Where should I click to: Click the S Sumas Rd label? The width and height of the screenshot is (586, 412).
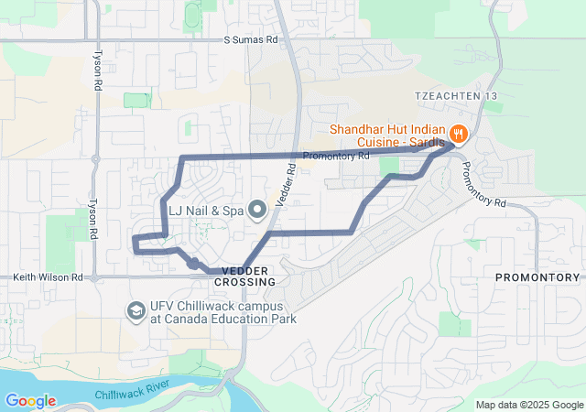(251, 40)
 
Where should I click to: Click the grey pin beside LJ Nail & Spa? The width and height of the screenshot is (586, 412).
(257, 211)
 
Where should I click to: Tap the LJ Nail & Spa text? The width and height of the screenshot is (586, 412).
(206, 211)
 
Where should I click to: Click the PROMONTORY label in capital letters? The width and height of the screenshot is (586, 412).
(537, 276)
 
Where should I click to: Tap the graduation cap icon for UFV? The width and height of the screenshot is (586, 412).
(136, 311)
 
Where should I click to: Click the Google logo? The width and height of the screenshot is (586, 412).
(30, 401)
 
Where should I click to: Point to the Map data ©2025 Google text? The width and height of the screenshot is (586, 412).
(528, 405)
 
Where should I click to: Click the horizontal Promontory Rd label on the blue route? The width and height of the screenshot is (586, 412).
(334, 157)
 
